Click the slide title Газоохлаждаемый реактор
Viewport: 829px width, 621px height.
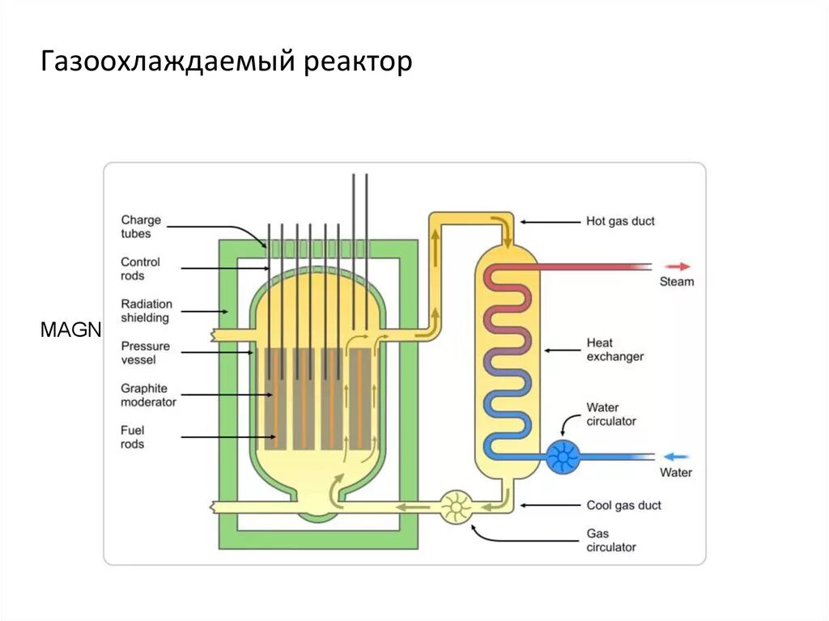pos(227,62)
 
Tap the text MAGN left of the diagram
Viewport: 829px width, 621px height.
pos(70,330)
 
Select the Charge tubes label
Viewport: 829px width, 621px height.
pos(141,227)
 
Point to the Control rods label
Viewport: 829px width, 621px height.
pos(140,269)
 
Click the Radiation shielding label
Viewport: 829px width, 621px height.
pos(146,311)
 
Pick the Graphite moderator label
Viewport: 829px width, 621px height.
pos(148,395)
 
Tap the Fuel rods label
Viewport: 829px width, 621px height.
pos(133,437)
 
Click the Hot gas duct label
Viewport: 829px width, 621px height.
pos(620,220)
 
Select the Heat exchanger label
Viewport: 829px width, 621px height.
pos(615,350)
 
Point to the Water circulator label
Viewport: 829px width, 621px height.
pos(611,414)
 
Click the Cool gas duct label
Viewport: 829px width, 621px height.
pos(623,505)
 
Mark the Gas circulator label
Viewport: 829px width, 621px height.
pos(611,541)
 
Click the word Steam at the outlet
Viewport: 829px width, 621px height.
pos(677,282)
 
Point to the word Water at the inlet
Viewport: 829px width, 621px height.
pos(676,472)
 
